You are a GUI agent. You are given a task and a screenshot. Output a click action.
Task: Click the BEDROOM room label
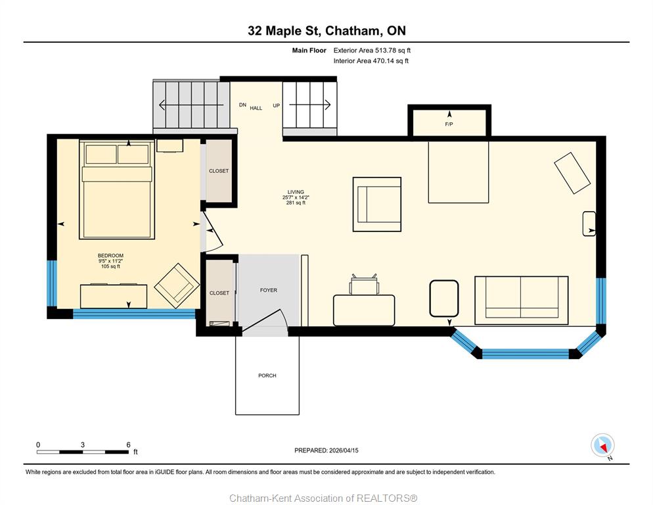(110, 256)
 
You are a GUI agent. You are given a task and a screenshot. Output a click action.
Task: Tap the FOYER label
(268, 290)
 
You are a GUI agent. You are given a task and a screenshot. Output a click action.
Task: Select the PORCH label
(267, 375)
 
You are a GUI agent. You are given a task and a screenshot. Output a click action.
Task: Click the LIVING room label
(296, 192)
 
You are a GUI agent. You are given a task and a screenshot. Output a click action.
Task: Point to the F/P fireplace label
(449, 124)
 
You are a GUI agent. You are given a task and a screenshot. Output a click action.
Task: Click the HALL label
(256, 108)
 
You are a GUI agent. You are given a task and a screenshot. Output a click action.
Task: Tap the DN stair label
(242, 105)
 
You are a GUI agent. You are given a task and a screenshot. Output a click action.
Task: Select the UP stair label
(276, 105)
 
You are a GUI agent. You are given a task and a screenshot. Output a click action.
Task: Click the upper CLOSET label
(219, 171)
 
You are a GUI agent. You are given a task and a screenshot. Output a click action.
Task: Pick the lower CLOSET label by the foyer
(219, 293)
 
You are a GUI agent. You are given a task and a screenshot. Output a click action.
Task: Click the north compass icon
(602, 446)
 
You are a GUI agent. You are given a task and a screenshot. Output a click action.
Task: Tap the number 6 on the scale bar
(128, 445)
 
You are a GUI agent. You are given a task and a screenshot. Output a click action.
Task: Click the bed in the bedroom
(117, 190)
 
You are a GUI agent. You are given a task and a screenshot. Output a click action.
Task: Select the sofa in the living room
(522, 301)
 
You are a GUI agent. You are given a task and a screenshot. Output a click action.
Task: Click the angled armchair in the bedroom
(177, 285)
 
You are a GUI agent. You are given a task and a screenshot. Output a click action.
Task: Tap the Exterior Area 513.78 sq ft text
(372, 51)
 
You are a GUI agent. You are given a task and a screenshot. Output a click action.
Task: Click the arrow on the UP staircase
(310, 105)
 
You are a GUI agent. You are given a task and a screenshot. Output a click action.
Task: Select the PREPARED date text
(326, 450)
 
